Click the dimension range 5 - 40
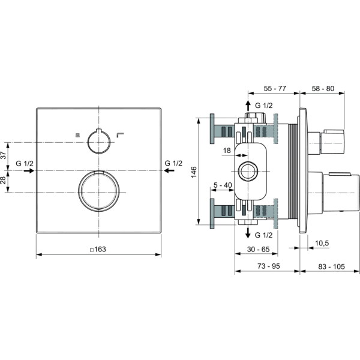(x=222, y=185)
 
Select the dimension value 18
(x=227, y=151)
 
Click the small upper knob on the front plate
(x=98, y=142)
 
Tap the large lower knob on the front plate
(x=98, y=191)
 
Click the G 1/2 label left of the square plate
(x=25, y=163)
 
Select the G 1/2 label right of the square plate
(x=173, y=163)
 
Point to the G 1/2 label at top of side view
(x=263, y=106)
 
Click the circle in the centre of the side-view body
(x=247, y=171)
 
